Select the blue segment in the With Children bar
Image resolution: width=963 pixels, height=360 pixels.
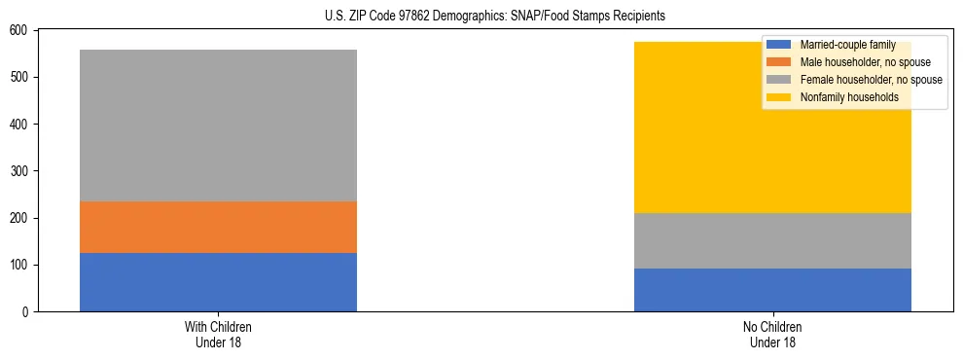(x=218, y=282)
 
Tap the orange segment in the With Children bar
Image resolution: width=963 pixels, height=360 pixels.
(x=218, y=227)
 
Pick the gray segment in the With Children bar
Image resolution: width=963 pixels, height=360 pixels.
(x=218, y=126)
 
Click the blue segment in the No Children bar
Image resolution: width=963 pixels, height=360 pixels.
(x=772, y=290)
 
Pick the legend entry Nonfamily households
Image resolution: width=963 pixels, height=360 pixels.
(x=842, y=97)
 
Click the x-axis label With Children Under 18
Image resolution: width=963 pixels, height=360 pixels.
(x=218, y=334)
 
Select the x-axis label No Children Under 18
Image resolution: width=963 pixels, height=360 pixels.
(x=772, y=334)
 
